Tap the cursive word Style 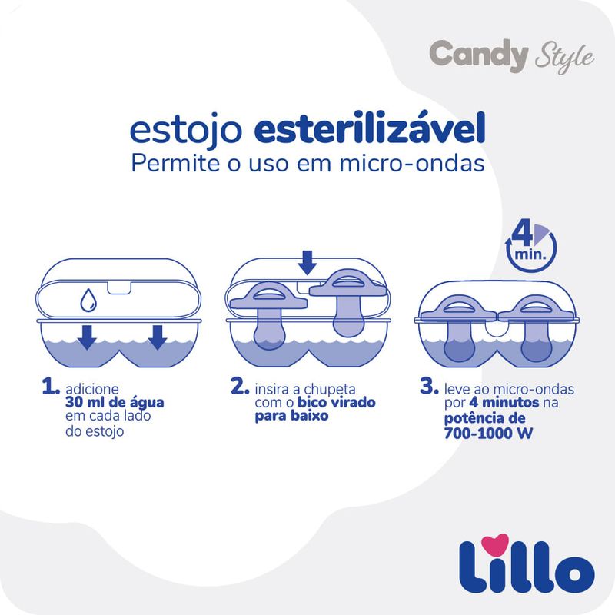coord(564,57)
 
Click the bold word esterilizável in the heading coord(370,128)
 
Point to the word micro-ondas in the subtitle coord(412,163)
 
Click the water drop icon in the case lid coord(88,300)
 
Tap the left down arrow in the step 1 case coord(87,337)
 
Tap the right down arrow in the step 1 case coord(158,337)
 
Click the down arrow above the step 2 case coord(307,262)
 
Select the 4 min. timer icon coord(531,247)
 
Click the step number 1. coord(51,387)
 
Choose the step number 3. coord(429,386)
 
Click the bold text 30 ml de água coord(115,402)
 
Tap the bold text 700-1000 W coord(488,434)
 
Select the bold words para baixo coord(291,416)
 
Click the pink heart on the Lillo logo coord(495,544)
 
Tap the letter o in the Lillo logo coord(573,573)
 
